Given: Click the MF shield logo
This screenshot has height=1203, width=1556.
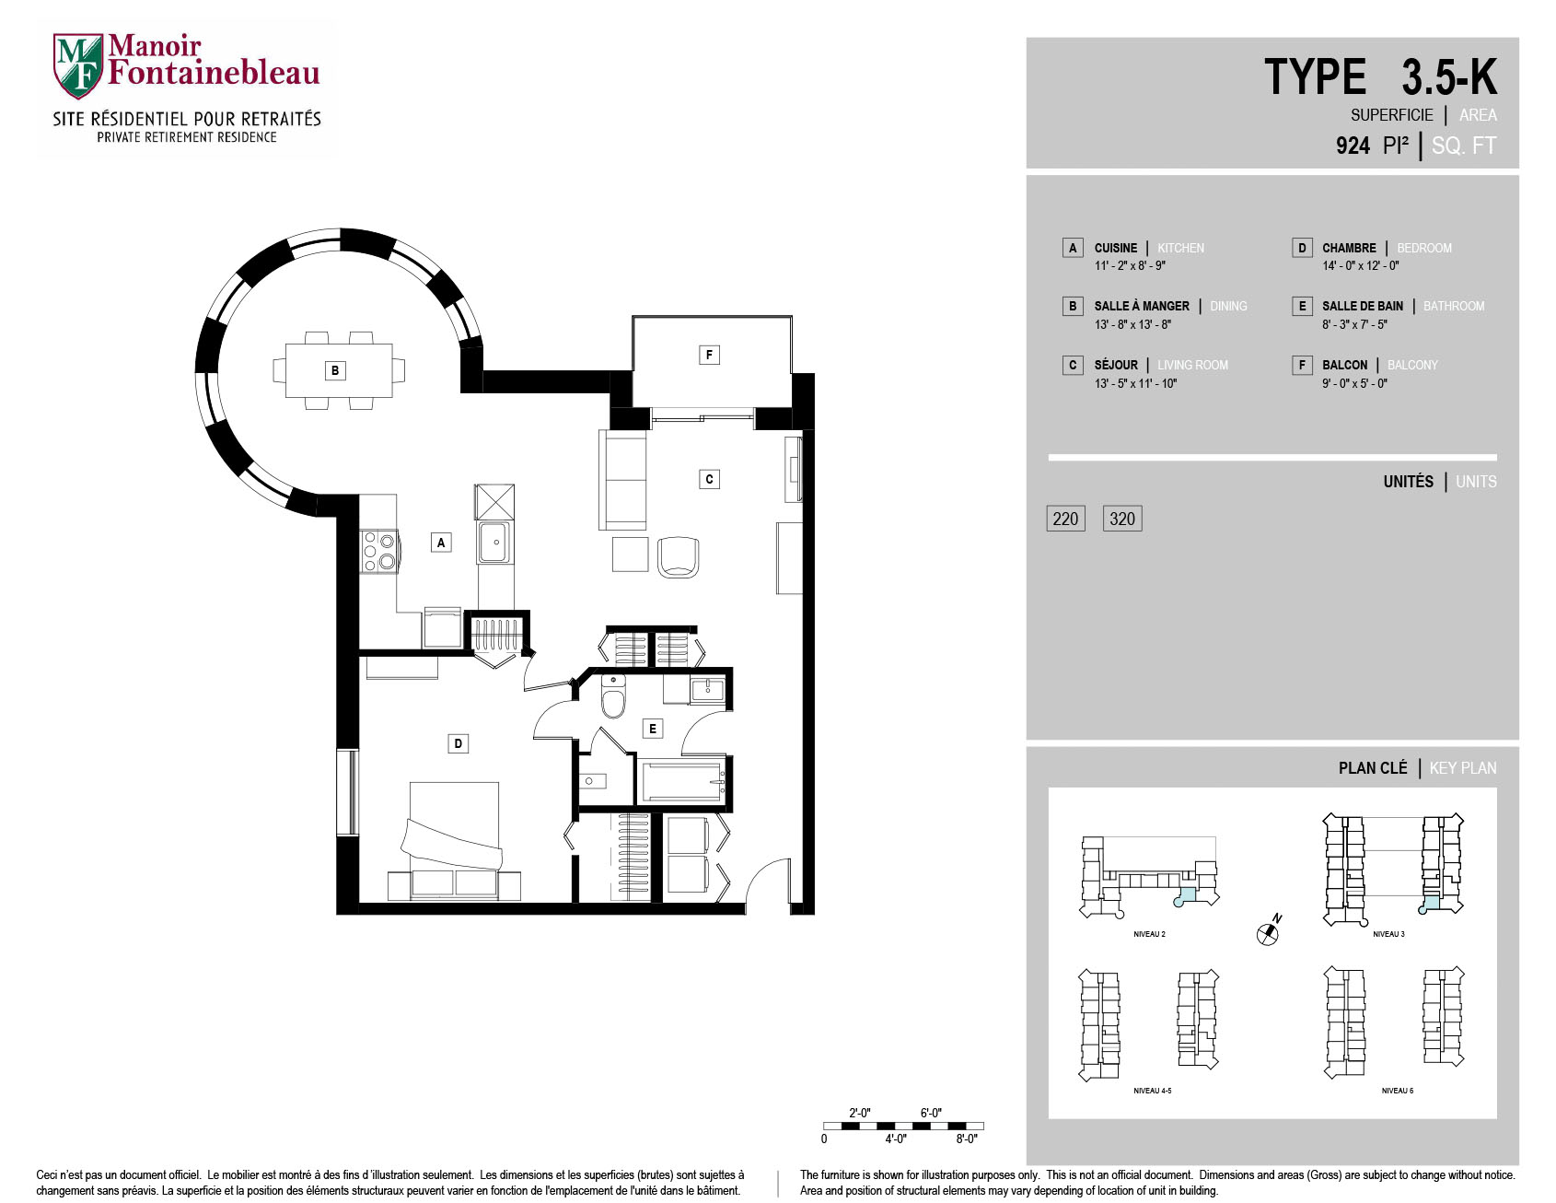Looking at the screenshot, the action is pyautogui.click(x=78, y=65).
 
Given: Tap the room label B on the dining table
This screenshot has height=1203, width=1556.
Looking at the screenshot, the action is pyautogui.click(x=335, y=370).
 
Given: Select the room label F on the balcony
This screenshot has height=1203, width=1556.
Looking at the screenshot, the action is pyautogui.click(x=709, y=355).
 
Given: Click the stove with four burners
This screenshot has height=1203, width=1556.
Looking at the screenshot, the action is pyautogui.click(x=377, y=551).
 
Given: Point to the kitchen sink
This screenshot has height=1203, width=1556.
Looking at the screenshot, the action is pyautogui.click(x=495, y=542).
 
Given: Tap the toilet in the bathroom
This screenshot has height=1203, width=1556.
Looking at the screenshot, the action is pyautogui.click(x=613, y=696).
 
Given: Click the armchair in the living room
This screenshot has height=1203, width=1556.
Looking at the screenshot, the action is pyautogui.click(x=679, y=556).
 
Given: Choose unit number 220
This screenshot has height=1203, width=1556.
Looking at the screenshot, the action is pyautogui.click(x=1065, y=519).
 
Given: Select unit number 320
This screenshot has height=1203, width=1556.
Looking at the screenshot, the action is pyautogui.click(x=1122, y=519).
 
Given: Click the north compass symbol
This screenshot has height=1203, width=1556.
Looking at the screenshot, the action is pyautogui.click(x=1269, y=931).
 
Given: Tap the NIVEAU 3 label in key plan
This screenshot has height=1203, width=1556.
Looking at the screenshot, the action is pyautogui.click(x=1388, y=934).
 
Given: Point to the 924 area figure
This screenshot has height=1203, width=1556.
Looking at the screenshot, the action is pyautogui.click(x=1353, y=146).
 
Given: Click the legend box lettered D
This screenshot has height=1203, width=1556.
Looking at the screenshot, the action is pyautogui.click(x=1302, y=248).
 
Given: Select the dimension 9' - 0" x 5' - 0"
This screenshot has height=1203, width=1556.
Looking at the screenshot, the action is pyautogui.click(x=1354, y=383).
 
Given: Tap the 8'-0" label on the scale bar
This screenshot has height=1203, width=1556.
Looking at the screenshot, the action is pyautogui.click(x=965, y=1139).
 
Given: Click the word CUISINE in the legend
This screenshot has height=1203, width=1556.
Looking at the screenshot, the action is pyautogui.click(x=1116, y=248).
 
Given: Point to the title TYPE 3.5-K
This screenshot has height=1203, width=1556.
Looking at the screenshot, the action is pyautogui.click(x=1380, y=77).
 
